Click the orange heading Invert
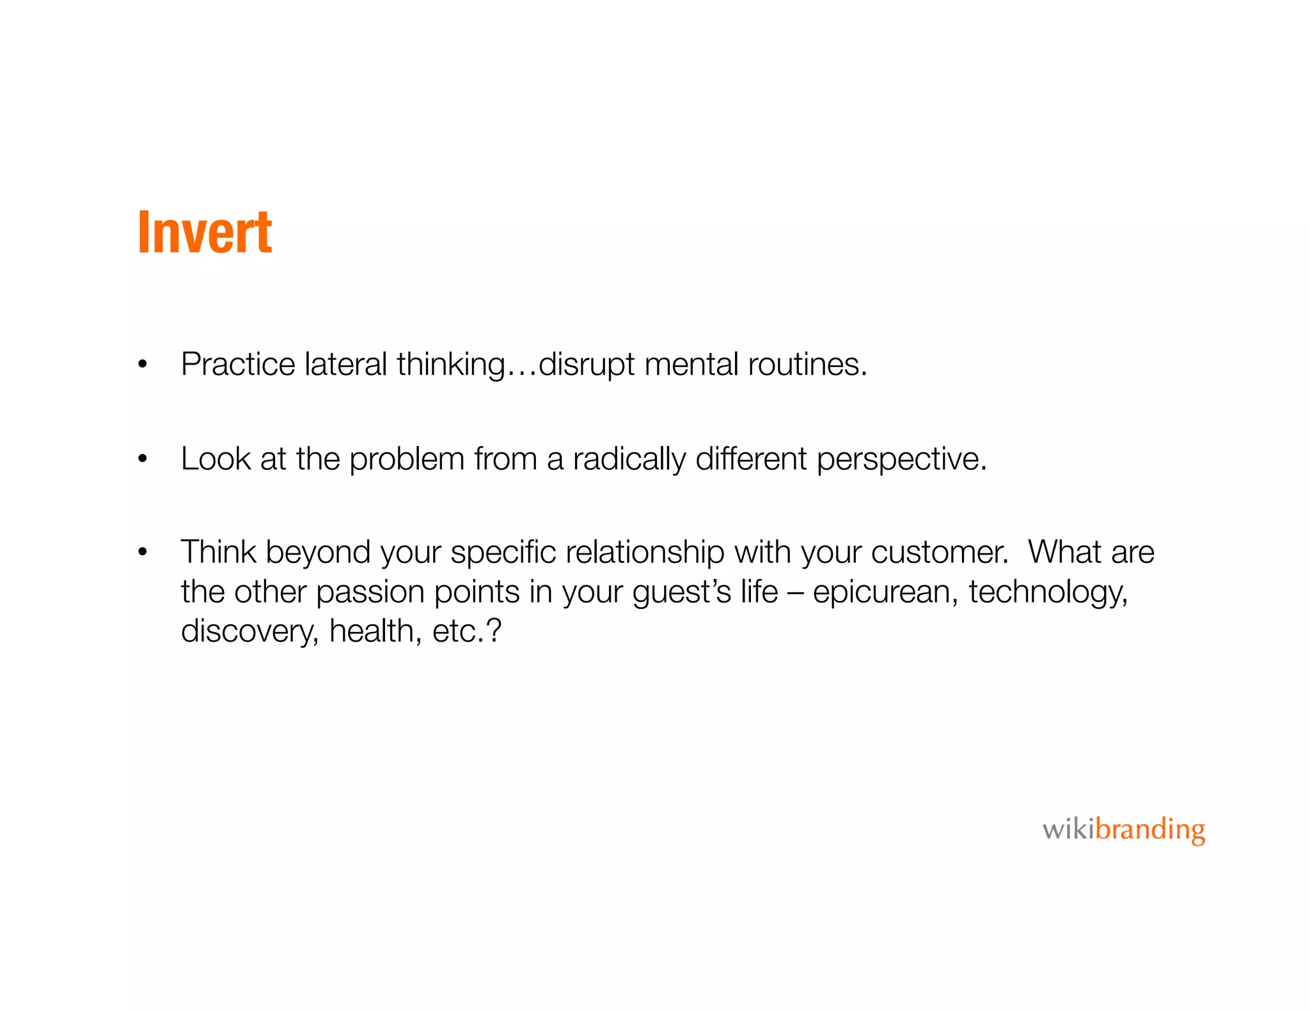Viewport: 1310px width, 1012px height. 205,232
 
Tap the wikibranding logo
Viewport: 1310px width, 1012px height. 1123,830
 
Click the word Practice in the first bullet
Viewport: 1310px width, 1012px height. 238,365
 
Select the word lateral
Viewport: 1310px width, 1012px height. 345,365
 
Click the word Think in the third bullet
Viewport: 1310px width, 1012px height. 218,552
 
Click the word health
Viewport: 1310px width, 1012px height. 375,631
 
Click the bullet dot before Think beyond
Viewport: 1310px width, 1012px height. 143,551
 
